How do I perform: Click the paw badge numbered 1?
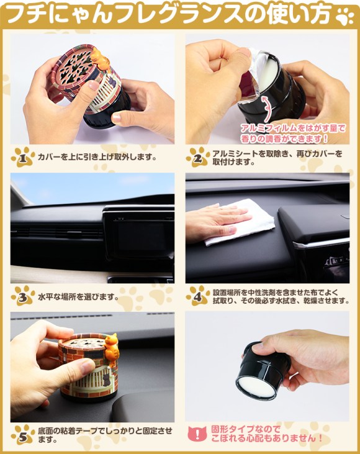pos(23,157)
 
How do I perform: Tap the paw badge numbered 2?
pos(198,157)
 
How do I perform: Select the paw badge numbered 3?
pos(23,296)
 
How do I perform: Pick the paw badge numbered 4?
pos(198,296)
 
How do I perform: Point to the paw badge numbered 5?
pos(23,435)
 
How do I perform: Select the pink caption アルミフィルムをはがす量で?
pos(293,129)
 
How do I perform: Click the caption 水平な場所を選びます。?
pos(78,297)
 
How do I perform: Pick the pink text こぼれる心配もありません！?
pos(266,438)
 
